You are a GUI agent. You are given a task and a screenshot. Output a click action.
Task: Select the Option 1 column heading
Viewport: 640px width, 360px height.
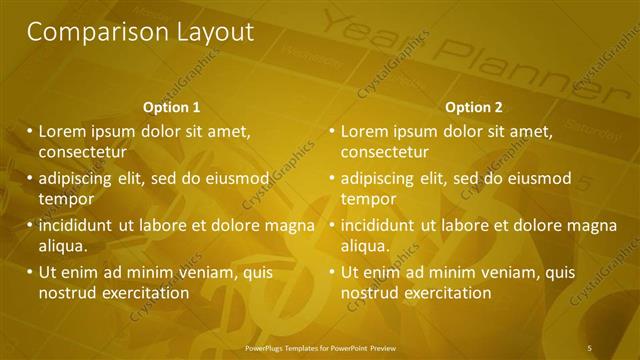click(172, 107)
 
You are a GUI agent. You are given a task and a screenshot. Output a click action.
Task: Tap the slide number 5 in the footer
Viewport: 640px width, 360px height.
click(590, 348)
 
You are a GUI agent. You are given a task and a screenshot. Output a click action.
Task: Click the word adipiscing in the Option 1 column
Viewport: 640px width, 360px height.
click(82, 178)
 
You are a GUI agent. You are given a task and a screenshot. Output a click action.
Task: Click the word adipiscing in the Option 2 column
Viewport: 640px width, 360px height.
click(385, 178)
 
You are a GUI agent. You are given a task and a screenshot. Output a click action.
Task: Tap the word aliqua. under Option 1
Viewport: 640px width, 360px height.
click(63, 245)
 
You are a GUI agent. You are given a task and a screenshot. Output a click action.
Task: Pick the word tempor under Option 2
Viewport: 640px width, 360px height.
click(369, 199)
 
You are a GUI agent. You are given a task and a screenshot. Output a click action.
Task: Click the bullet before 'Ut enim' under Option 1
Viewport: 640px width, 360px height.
click(29, 272)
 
